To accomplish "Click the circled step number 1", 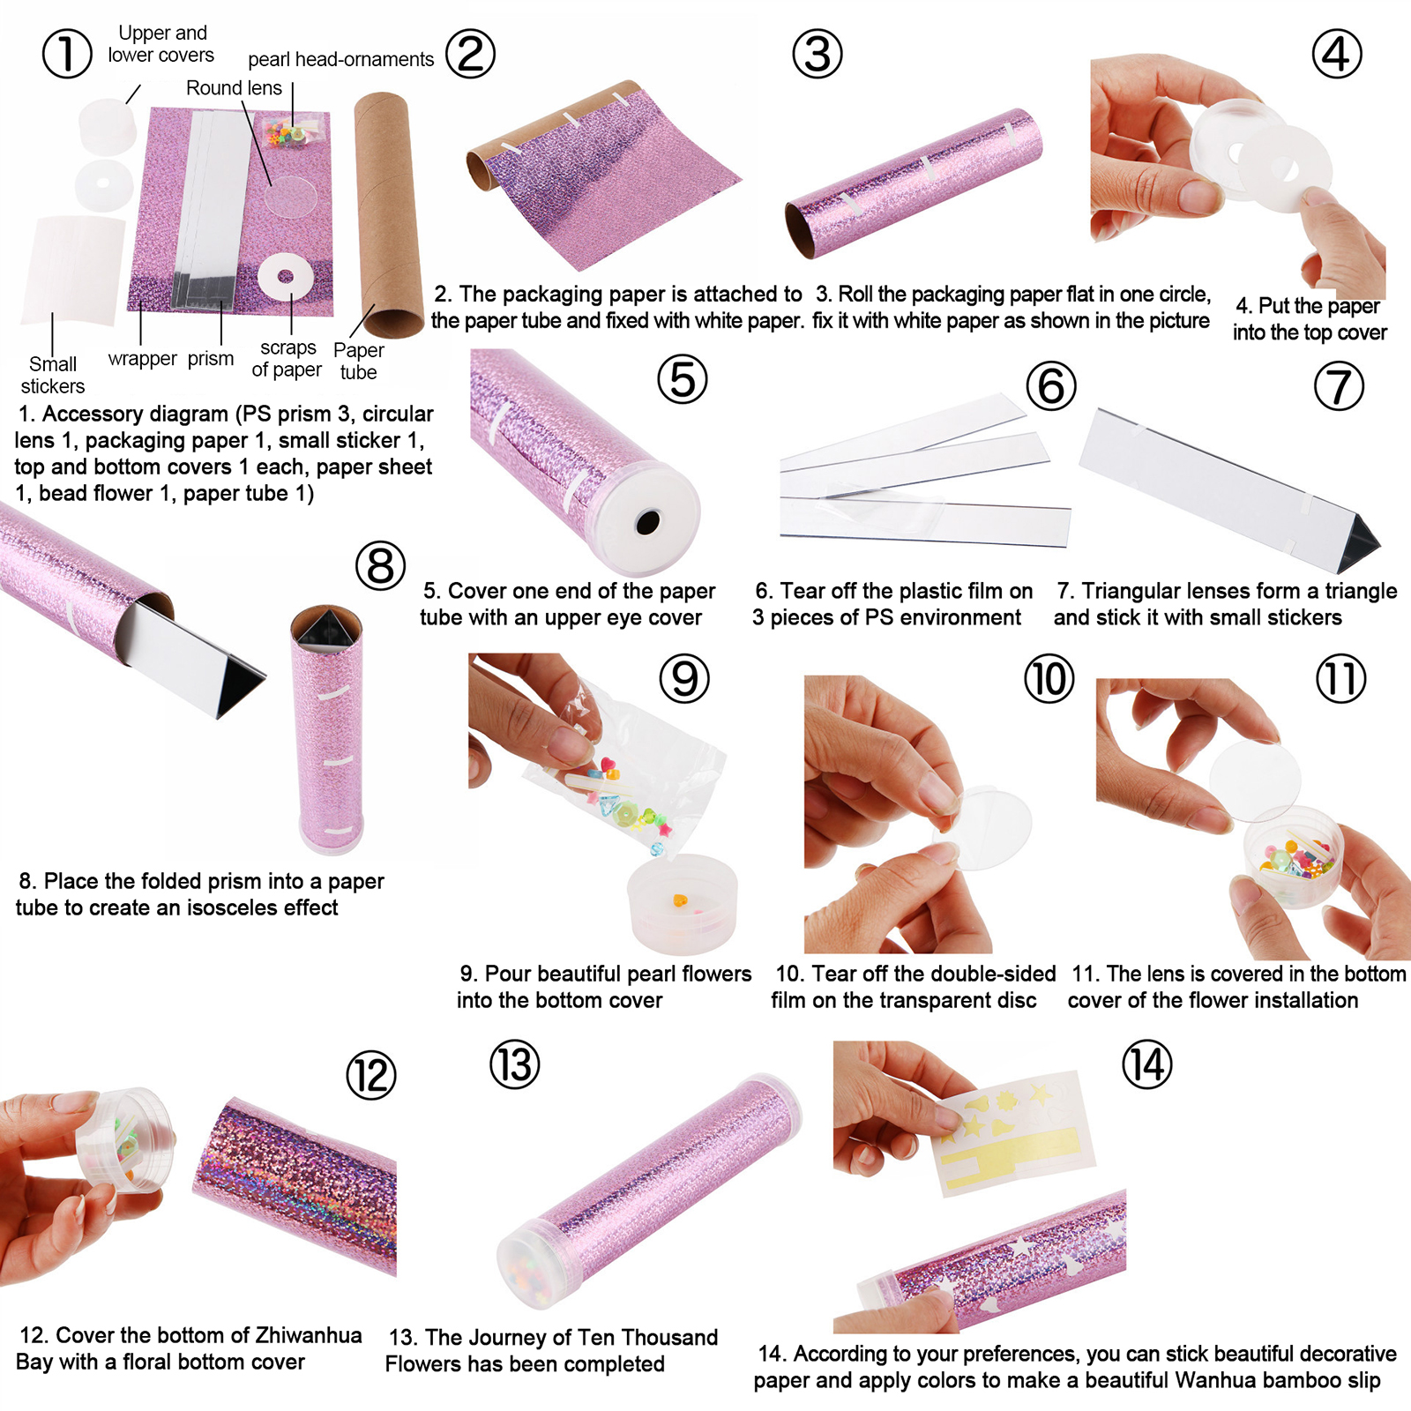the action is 67,53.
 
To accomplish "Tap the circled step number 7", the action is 1338,386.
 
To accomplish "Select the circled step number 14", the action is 1146,1064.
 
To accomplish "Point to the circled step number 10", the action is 1049,679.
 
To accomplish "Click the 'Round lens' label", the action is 234,88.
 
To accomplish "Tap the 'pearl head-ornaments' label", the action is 340,59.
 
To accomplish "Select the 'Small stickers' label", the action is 53,375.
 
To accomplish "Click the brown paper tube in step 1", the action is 389,214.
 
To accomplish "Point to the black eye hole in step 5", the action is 648,522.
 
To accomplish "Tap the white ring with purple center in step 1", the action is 285,278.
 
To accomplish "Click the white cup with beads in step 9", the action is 682,903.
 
